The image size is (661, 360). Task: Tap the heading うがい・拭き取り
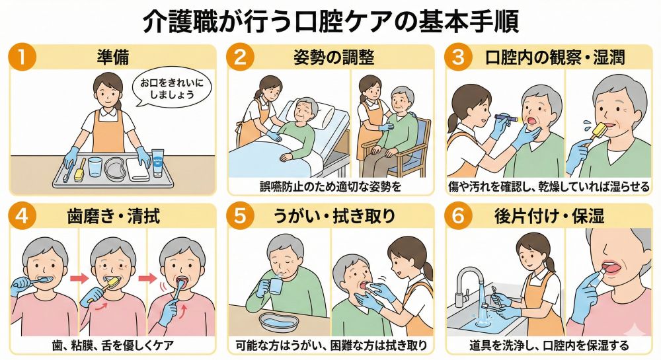(334, 216)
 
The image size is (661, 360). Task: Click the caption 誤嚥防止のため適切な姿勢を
(330, 186)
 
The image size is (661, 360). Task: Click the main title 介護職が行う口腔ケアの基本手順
(330, 21)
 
